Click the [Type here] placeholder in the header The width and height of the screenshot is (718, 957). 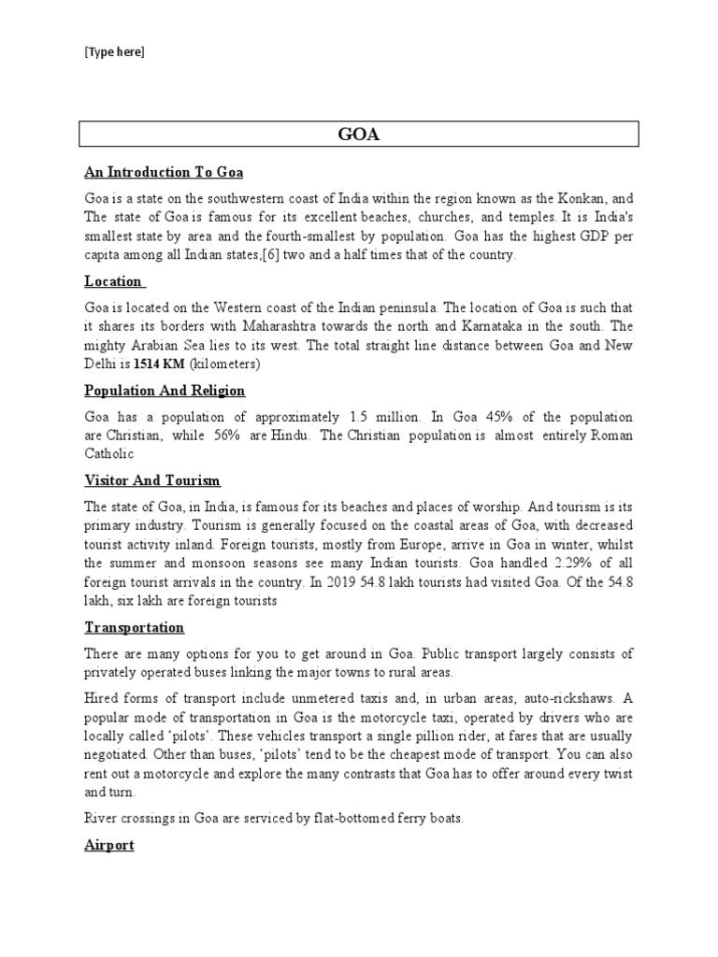pos(114,52)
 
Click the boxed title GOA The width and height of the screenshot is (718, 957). pos(358,134)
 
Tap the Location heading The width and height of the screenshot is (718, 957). pos(113,280)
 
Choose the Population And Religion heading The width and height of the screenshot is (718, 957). pos(165,390)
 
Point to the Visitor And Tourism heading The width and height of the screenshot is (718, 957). pos(152,480)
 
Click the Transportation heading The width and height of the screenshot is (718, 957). pos(134,627)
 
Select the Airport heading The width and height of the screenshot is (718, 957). pos(109,845)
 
